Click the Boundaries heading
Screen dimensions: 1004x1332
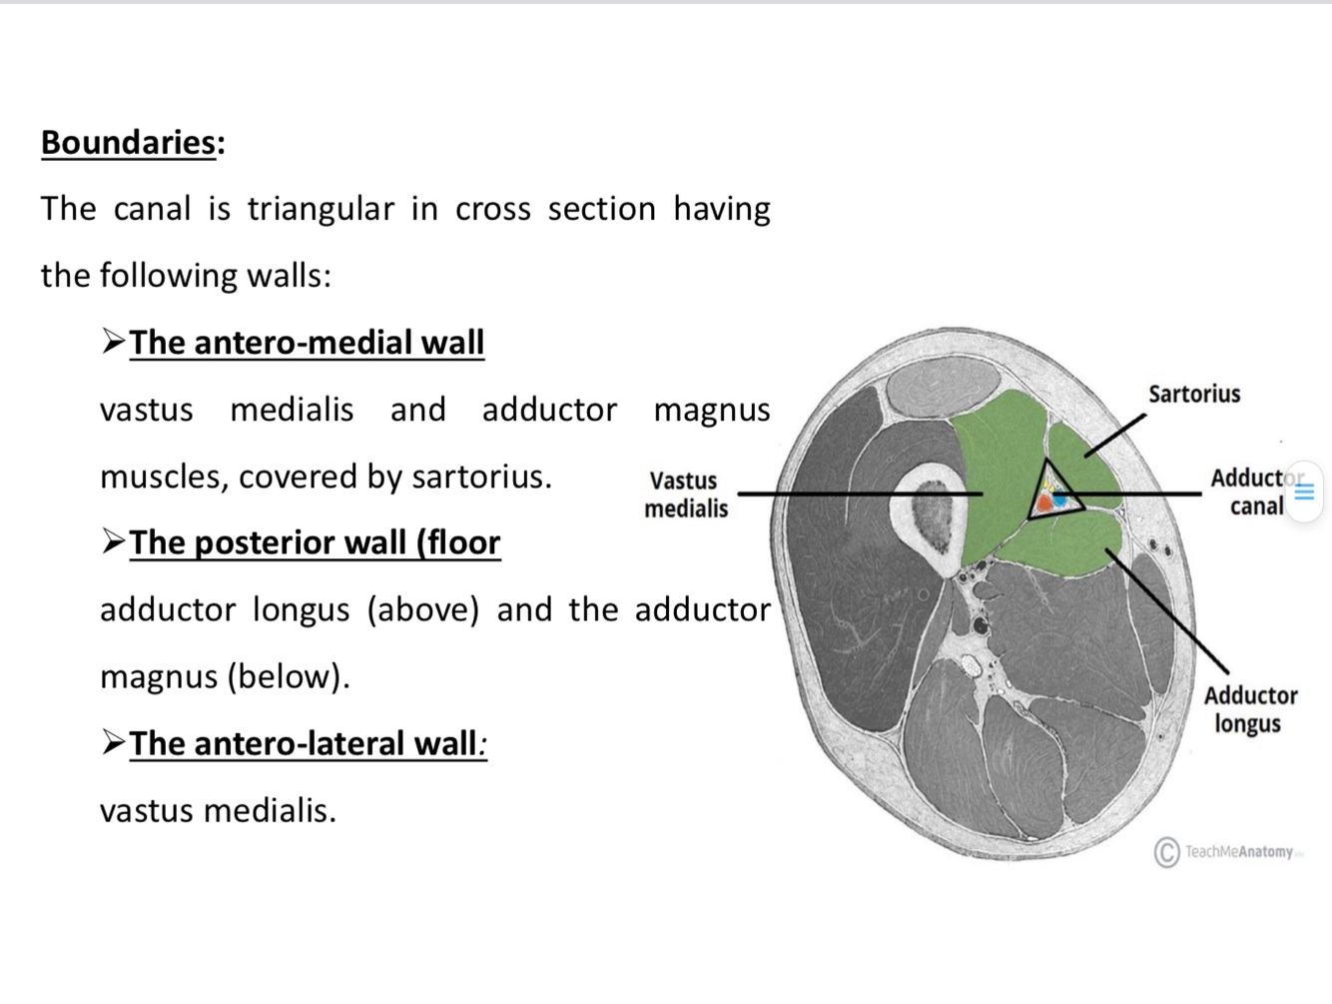click(x=128, y=143)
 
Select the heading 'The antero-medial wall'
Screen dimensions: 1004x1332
click(x=307, y=343)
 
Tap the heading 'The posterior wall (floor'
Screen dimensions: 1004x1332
click(x=315, y=542)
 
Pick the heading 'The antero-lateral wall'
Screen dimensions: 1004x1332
click(x=304, y=743)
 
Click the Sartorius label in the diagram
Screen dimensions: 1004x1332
click(x=1194, y=394)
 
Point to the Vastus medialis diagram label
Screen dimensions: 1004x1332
click(x=686, y=495)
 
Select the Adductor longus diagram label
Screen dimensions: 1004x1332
click(x=1249, y=708)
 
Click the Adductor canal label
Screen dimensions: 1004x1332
click(x=1253, y=492)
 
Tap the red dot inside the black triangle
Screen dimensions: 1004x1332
click(x=1044, y=502)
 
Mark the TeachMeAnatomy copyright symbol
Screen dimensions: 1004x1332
click(x=1166, y=852)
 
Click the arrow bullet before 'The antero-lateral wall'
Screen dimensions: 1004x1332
click(x=113, y=742)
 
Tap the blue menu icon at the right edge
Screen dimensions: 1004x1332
click(x=1304, y=492)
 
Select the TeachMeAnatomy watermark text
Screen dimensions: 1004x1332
click(x=1239, y=852)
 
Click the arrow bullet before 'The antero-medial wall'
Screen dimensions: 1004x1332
click(x=113, y=342)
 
